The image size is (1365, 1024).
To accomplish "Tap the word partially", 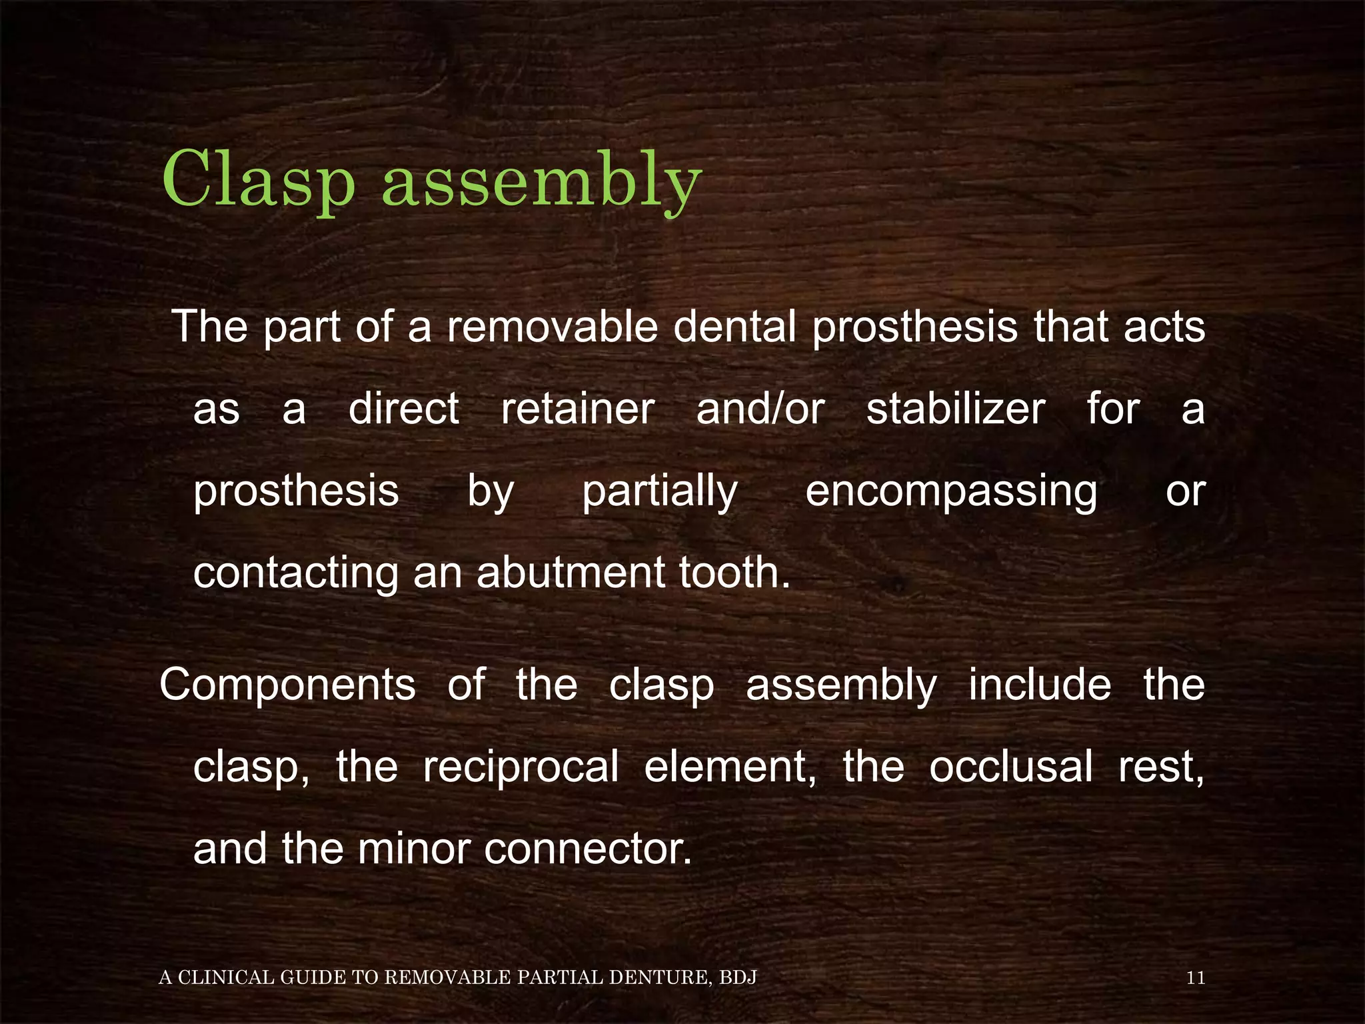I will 660,491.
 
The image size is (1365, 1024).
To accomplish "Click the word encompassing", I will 951,491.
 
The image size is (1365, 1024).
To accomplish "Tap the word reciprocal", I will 521,767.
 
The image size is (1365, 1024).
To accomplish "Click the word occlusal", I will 1010,767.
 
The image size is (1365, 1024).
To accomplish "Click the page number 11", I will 1196,978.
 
